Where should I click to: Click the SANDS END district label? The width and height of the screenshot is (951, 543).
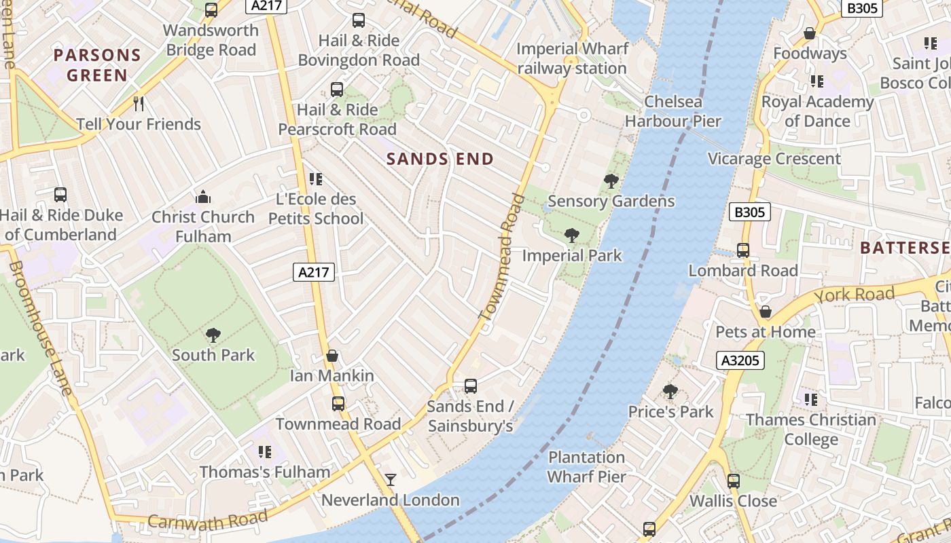click(x=439, y=160)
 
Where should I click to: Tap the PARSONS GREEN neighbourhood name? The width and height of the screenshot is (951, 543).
click(x=97, y=64)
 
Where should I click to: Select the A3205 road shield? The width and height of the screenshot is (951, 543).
click(x=740, y=360)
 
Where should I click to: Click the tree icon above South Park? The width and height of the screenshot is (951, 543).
click(x=213, y=335)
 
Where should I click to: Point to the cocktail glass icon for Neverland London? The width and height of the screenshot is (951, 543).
click(x=391, y=480)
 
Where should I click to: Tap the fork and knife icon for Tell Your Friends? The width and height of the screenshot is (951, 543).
click(x=139, y=104)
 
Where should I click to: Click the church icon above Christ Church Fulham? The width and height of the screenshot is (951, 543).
click(x=202, y=198)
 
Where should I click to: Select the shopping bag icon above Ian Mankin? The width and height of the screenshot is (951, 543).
click(x=332, y=356)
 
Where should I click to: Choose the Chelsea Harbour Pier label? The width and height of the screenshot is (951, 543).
click(x=672, y=111)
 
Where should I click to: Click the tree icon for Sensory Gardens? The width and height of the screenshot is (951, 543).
click(x=611, y=181)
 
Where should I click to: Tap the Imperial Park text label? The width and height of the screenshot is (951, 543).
click(x=572, y=256)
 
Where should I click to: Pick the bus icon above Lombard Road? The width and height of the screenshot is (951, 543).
click(x=743, y=250)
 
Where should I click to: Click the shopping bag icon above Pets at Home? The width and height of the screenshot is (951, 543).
click(x=766, y=312)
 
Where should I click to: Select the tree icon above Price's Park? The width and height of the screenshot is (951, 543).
click(x=670, y=392)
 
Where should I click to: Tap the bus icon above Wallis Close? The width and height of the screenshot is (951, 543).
click(x=734, y=481)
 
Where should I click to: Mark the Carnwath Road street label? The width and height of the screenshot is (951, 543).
click(x=207, y=520)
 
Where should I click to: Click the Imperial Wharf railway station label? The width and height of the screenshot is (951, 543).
click(x=572, y=58)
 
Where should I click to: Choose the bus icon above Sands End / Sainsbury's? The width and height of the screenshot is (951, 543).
click(x=470, y=386)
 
